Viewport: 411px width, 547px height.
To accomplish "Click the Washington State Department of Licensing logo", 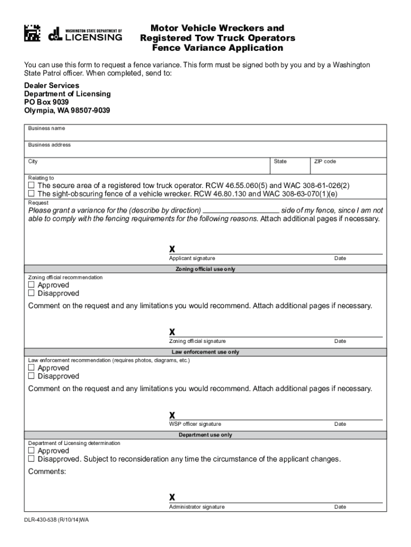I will [x=85, y=34].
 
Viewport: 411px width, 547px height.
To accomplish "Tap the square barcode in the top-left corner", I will [x=32, y=34].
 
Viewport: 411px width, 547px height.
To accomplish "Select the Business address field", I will [x=207, y=152].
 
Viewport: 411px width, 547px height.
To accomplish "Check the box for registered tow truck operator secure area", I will [x=31, y=185].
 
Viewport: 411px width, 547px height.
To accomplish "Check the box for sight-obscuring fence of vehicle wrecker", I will [x=31, y=193].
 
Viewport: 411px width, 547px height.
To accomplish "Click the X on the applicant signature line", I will [x=172, y=249].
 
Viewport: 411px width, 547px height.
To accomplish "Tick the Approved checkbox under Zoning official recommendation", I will [x=31, y=285].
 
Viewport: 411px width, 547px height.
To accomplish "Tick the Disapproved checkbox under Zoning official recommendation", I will [x=31, y=293].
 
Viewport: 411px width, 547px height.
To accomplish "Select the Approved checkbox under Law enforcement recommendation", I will [x=31, y=368].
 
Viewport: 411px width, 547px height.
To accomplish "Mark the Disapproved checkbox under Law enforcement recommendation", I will [x=31, y=376].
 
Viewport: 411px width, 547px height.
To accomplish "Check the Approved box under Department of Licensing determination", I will [x=31, y=451].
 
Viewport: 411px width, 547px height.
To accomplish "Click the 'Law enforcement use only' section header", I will [x=205, y=352].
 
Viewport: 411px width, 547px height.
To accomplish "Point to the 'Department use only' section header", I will [x=205, y=435].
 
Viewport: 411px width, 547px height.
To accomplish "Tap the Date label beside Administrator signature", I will [x=340, y=507].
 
